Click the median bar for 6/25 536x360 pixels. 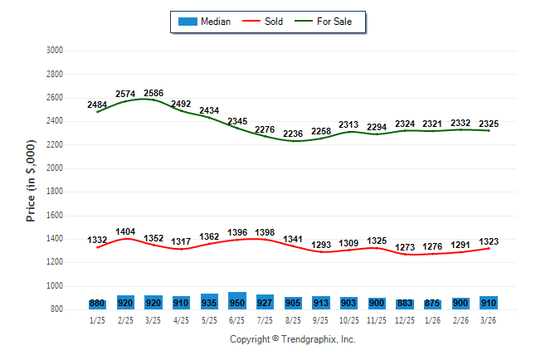coord(236,301)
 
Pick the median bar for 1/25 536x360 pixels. coord(97,304)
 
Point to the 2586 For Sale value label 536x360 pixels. coord(154,93)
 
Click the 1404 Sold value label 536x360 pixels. coord(125,231)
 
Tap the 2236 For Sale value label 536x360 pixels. coord(293,134)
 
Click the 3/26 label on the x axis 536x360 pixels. coord(489,320)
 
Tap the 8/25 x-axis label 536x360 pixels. coord(293,320)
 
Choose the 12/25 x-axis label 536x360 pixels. coord(405,320)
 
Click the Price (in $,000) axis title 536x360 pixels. coord(32,179)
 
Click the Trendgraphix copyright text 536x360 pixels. coord(292,339)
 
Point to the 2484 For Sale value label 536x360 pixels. coord(97,105)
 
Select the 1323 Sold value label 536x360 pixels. coord(489,241)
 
